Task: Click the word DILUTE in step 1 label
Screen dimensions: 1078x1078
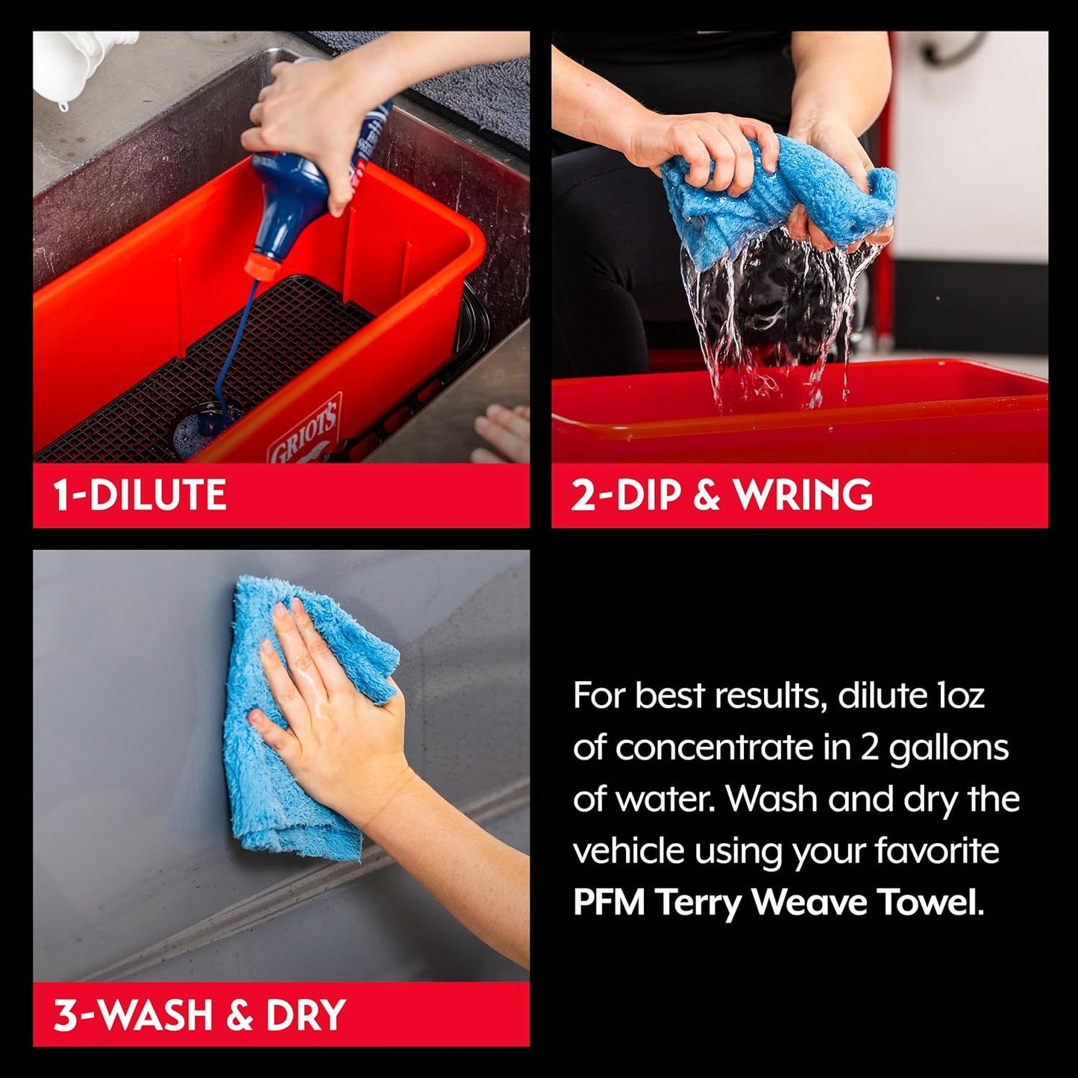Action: (157, 495)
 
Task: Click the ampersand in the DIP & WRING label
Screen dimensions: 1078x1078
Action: (706, 495)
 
